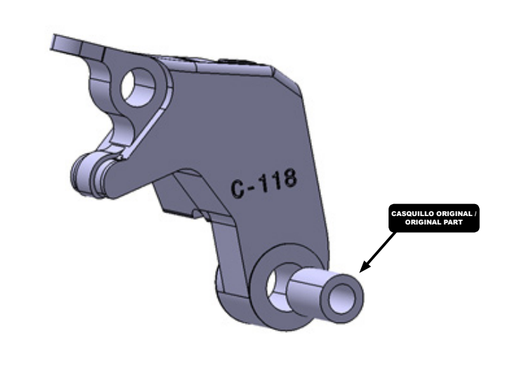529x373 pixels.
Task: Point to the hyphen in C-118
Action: pyautogui.click(x=252, y=186)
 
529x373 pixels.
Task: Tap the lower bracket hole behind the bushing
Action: pyautogui.click(x=275, y=285)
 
